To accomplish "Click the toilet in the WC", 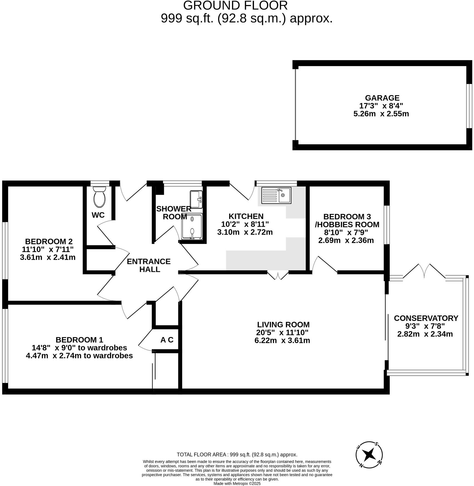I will [99, 197].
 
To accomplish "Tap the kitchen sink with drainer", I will [276, 195].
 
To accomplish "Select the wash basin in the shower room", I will [196, 199].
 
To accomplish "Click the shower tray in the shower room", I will [192, 226].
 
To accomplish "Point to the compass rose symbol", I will [369, 455].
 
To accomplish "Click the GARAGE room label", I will [382, 98].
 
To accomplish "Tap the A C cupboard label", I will [167, 340].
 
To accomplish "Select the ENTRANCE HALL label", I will [149, 265].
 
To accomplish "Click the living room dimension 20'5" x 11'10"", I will [282, 333].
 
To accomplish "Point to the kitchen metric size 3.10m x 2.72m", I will [245, 232].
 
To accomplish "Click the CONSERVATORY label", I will [426, 318].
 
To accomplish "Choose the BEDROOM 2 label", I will [49, 241].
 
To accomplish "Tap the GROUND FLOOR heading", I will [235, 6].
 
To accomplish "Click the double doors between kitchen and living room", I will [278, 275].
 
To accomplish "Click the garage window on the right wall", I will [470, 106].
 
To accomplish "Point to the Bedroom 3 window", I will [386, 225].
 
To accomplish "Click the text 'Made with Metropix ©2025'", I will [237, 483].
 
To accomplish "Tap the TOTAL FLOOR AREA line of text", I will [237, 455].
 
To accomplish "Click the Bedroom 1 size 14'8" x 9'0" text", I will [79, 348].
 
